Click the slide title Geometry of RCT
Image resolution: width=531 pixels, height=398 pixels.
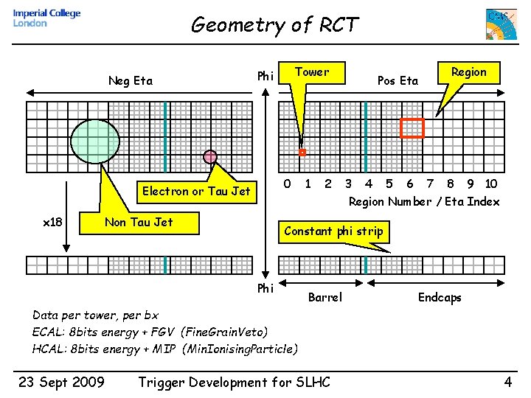pyautogui.click(x=274, y=25)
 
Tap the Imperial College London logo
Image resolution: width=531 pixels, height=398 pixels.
pyautogui.click(x=47, y=18)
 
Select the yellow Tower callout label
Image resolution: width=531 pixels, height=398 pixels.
pyautogui.click(x=311, y=72)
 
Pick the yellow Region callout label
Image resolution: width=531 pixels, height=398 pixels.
pyautogui.click(x=468, y=72)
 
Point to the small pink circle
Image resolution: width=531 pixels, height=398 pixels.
pyautogui.click(x=210, y=156)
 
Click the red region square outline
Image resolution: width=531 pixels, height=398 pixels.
pyautogui.click(x=412, y=128)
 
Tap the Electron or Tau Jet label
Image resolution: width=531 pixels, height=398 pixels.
pyautogui.click(x=196, y=192)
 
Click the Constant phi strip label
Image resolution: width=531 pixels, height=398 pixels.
pyautogui.click(x=333, y=231)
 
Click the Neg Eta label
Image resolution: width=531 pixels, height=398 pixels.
pyautogui.click(x=131, y=81)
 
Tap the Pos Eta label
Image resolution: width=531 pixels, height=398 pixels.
pyautogui.click(x=398, y=81)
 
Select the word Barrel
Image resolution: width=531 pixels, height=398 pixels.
pyautogui.click(x=324, y=298)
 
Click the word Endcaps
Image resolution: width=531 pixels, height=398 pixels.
pyautogui.click(x=440, y=298)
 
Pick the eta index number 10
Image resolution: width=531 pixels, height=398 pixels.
pyautogui.click(x=491, y=184)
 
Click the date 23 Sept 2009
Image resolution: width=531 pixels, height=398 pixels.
pyautogui.click(x=60, y=382)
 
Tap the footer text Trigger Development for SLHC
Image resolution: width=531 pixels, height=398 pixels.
pyautogui.click(x=235, y=382)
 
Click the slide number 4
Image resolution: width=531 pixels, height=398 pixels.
pyautogui.click(x=507, y=382)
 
